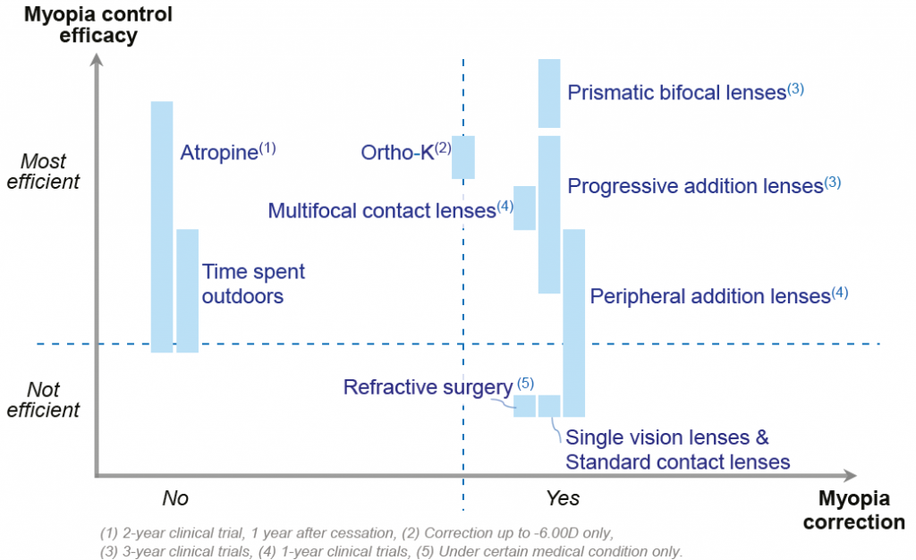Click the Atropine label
click(x=228, y=152)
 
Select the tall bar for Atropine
click(x=162, y=227)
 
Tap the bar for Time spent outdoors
click(x=188, y=291)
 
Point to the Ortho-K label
click(x=406, y=152)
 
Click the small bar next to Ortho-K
click(x=463, y=157)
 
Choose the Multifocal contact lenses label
click(x=390, y=209)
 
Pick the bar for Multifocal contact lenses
click(x=524, y=208)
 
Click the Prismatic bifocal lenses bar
click(x=549, y=93)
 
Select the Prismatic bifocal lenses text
click(x=686, y=92)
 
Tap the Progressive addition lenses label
click(x=704, y=186)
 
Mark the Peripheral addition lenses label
click(x=718, y=295)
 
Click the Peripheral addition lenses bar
click(x=574, y=323)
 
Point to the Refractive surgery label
click(x=438, y=386)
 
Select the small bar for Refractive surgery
click(x=524, y=406)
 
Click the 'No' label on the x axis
click(x=175, y=498)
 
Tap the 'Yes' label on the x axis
click(x=563, y=498)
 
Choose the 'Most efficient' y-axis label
click(x=43, y=171)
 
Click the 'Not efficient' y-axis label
click(x=43, y=399)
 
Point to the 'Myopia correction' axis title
click(x=854, y=510)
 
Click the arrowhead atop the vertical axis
click(x=97, y=59)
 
